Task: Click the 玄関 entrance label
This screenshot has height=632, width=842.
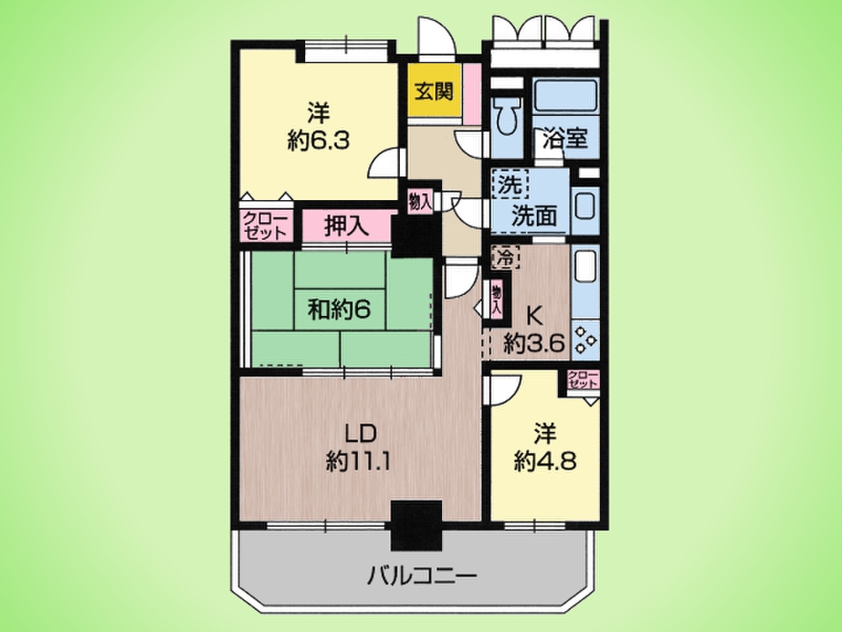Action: click(x=434, y=92)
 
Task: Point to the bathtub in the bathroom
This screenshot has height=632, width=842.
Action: click(x=566, y=96)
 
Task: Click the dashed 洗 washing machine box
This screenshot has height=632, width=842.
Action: click(x=510, y=184)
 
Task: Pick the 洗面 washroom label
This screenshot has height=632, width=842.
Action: click(x=534, y=217)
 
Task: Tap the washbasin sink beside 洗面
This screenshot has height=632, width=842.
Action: click(x=585, y=207)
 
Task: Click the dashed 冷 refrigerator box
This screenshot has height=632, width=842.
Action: click(x=506, y=257)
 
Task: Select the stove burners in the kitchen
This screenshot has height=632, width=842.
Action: click(x=585, y=340)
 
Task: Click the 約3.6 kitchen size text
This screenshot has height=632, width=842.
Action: click(x=533, y=344)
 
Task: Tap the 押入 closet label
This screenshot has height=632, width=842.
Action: click(x=347, y=225)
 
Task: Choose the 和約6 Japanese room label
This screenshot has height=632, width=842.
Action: click(x=339, y=309)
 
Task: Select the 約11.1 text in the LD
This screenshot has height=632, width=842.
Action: click(x=358, y=461)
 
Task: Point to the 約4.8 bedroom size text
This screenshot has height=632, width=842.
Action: click(x=545, y=461)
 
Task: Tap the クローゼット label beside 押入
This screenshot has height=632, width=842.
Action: click(x=265, y=226)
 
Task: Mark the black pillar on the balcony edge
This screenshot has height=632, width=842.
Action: click(x=416, y=525)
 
